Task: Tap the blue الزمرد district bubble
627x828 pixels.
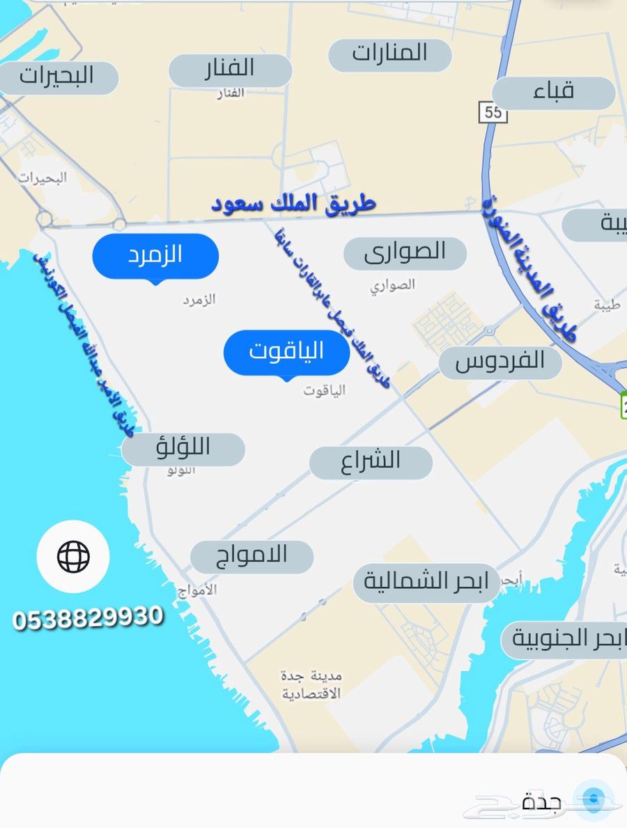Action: pos(155,255)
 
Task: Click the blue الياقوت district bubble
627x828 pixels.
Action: pos(286,352)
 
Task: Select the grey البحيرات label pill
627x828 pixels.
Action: pos(57,75)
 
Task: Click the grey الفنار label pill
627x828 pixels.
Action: pos(230,69)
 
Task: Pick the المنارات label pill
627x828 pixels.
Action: pos(389,54)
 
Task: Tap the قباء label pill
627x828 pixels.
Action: pos(554,92)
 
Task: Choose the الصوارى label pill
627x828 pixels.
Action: pos(405,252)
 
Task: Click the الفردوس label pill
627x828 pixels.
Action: pos(500,362)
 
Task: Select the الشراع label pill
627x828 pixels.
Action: pos(371,461)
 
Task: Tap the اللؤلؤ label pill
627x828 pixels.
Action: pos(183,449)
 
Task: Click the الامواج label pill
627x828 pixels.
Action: pos(252,556)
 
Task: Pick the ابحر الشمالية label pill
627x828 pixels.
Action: pos(426,583)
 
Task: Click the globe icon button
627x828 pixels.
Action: pos(73,556)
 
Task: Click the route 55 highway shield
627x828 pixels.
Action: pos(493,112)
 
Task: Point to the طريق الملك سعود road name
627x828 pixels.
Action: pos(293,204)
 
